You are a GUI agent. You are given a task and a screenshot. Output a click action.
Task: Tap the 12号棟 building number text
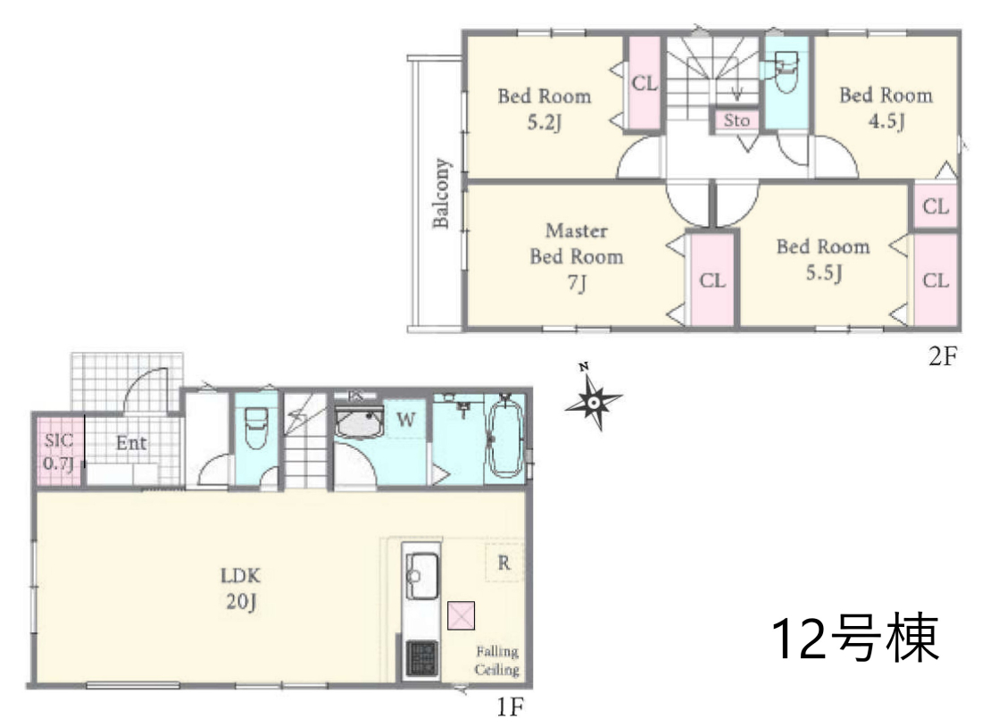point(855,638)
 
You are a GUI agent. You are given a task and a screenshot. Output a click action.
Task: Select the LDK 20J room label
point(240,588)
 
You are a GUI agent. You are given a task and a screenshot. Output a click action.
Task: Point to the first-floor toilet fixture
point(255,428)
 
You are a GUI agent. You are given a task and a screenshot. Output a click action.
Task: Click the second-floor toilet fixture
point(786,72)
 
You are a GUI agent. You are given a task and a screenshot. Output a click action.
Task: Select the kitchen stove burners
point(420,657)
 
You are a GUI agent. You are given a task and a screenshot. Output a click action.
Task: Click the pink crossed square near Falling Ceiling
point(461,615)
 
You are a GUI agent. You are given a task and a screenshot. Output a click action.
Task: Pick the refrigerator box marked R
point(504,563)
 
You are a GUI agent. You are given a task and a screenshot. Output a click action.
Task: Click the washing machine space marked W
point(406,419)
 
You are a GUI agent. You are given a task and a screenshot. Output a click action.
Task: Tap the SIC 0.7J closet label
point(58,451)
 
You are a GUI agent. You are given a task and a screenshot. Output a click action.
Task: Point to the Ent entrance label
point(131,443)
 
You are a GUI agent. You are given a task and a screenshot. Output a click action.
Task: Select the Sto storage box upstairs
point(736,121)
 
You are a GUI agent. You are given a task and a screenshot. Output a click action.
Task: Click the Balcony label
point(441,193)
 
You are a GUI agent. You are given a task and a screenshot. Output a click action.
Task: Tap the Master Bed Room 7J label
point(576,257)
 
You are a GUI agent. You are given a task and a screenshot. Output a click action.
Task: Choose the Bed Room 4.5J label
point(886,108)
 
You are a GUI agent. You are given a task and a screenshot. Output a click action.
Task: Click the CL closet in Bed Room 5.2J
point(645,83)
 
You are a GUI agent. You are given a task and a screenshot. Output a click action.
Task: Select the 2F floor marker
point(943,356)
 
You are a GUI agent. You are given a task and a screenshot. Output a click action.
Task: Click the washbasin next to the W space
point(360,422)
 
